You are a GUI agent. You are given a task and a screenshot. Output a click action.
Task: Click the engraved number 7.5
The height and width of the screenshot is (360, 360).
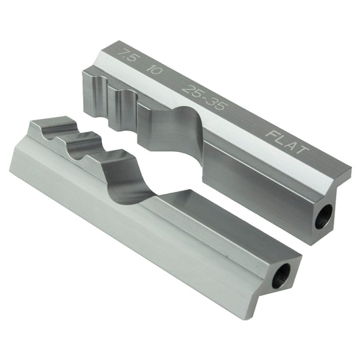[124, 55]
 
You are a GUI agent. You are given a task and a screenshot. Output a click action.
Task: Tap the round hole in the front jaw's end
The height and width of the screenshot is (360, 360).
[280, 275]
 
